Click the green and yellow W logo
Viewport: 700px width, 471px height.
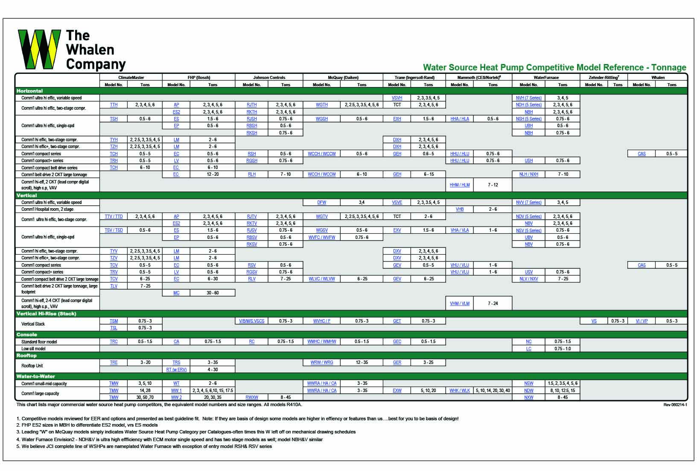tap(39, 49)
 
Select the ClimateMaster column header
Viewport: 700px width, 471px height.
tap(131, 78)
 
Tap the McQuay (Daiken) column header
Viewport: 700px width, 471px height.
tap(343, 78)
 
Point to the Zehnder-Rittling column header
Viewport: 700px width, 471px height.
tap(603, 78)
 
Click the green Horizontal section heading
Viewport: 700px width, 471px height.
tap(30, 91)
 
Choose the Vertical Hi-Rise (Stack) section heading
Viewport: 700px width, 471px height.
tap(46, 314)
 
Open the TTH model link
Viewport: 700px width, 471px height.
tap(114, 105)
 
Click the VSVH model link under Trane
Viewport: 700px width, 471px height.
tap(397, 98)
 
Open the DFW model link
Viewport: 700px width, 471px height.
tap(322, 203)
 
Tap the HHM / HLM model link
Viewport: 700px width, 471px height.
tap(460, 185)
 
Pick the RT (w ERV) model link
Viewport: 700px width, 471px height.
tap(176, 369)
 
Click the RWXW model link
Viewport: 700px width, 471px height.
tap(252, 398)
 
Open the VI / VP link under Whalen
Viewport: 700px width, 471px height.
tap(642, 321)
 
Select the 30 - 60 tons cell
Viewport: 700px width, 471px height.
tap(213, 293)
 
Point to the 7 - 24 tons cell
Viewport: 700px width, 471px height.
tap(493, 304)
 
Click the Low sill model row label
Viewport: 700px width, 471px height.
tap(33, 349)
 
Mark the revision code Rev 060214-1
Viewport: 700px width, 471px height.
tap(675, 404)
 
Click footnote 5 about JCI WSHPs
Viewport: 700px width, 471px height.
tap(144, 446)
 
